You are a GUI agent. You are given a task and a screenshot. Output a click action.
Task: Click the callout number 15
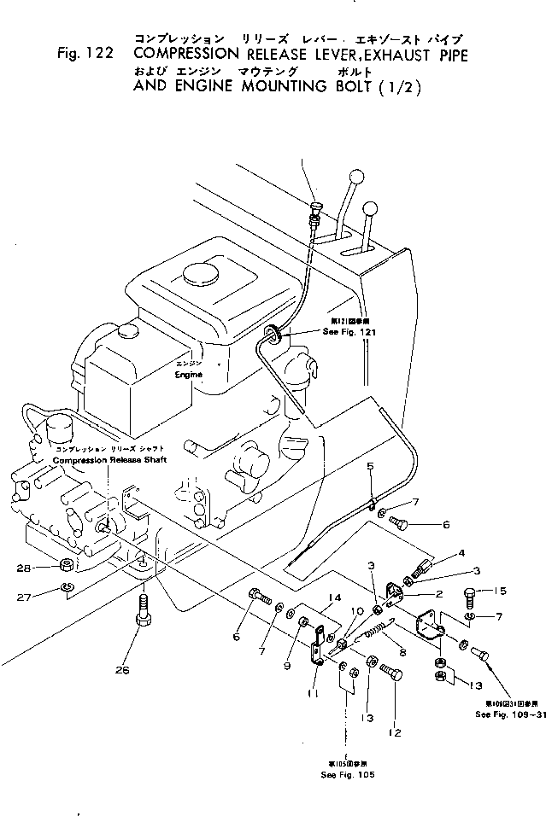tap(501, 592)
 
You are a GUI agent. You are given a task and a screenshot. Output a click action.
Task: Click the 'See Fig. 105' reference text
tap(349, 774)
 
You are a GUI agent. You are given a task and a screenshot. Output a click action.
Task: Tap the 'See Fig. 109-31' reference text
tap(508, 714)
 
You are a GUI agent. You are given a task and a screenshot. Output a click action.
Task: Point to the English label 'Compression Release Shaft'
tap(110, 460)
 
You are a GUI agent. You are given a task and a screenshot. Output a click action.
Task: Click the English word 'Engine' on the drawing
tap(189, 374)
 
